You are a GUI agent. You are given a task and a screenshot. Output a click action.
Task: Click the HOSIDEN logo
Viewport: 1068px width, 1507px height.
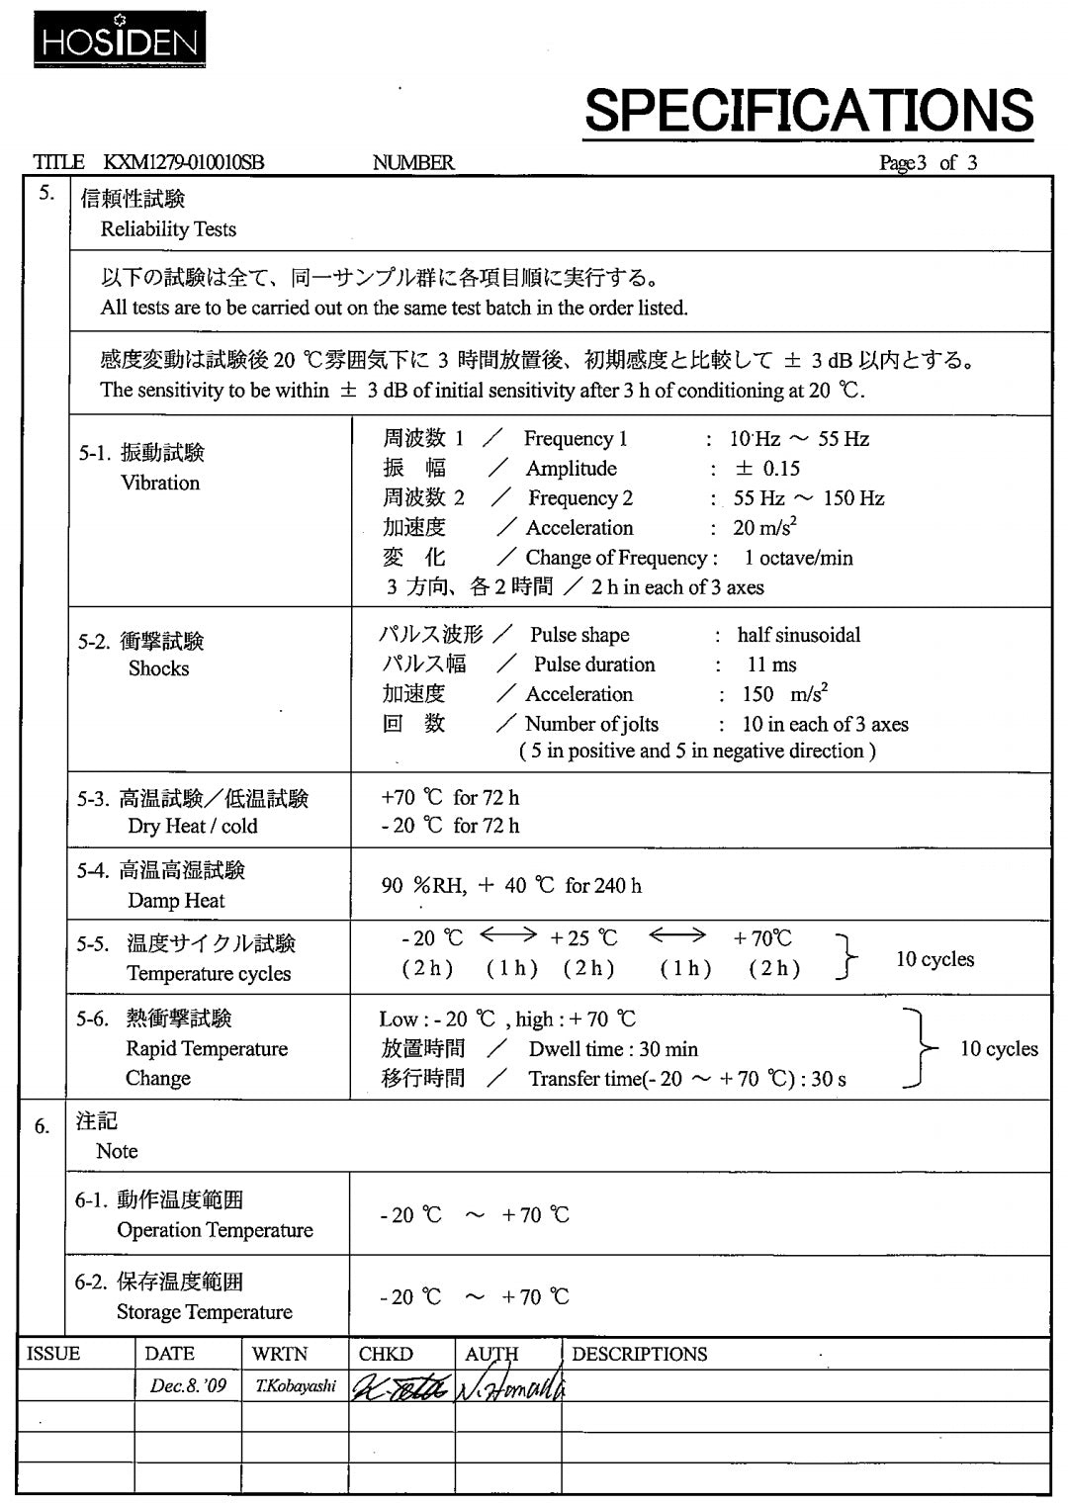(120, 40)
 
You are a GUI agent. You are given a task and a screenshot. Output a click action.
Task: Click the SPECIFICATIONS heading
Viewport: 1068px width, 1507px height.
(808, 110)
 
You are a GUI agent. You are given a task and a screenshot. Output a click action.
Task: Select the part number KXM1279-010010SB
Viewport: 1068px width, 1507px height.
(184, 163)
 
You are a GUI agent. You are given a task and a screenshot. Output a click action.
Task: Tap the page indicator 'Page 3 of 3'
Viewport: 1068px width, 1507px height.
(928, 163)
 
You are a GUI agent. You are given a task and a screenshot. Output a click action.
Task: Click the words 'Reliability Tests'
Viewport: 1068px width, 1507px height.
(168, 229)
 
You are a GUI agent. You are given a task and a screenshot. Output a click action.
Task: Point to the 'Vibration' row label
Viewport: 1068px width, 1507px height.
(160, 483)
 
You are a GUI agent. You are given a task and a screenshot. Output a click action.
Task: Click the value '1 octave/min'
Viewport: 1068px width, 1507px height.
(798, 558)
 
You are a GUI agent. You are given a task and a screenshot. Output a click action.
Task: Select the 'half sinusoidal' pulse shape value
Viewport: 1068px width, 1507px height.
(798, 635)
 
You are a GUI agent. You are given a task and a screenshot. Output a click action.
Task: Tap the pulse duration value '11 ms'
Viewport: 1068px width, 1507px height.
(771, 665)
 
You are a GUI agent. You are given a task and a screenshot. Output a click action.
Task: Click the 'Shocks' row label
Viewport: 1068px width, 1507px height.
(158, 668)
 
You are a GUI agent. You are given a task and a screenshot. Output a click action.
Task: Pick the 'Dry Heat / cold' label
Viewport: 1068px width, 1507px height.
(192, 826)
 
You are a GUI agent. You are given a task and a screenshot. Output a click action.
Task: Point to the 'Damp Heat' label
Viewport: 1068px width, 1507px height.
(176, 900)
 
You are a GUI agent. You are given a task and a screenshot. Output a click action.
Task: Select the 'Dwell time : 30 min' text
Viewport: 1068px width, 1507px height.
(613, 1049)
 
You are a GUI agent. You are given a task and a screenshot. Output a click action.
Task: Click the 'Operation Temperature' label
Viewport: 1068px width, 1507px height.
(215, 1230)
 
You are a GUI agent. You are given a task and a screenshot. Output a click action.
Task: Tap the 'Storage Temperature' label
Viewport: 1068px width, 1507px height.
(205, 1312)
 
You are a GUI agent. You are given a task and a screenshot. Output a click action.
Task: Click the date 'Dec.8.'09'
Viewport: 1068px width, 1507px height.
(188, 1386)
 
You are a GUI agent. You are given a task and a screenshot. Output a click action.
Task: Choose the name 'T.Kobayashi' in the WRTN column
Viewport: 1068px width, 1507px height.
(295, 1386)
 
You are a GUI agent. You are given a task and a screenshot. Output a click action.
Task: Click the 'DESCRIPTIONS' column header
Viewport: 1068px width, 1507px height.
(639, 1354)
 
